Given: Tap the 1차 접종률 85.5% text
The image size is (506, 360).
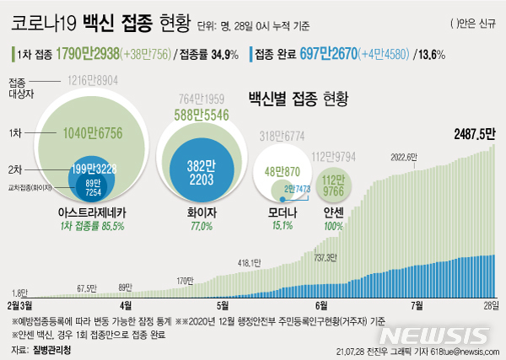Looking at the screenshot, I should [92, 226].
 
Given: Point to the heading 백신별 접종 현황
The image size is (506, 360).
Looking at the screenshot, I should [298, 99].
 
